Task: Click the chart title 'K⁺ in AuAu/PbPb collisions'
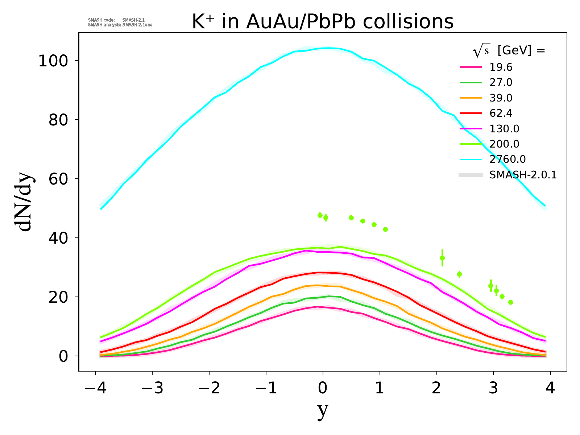pos(322,22)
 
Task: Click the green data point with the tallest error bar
pos(442,258)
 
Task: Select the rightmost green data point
pos(510,302)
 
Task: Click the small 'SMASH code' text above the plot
pos(101,20)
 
